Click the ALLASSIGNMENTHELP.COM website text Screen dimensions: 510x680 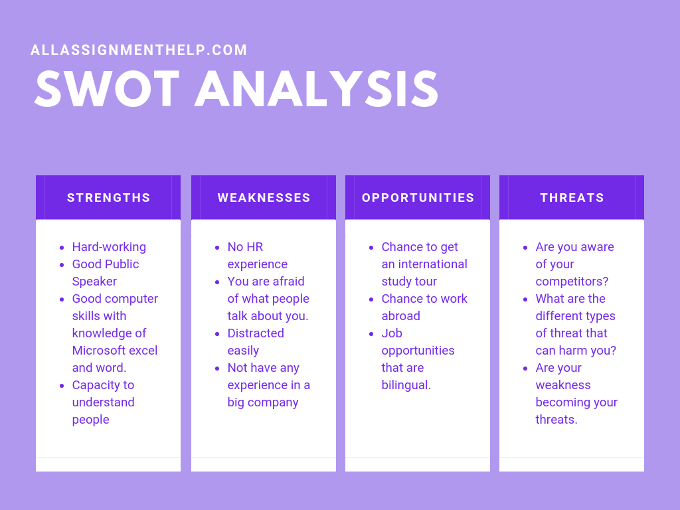[139, 50]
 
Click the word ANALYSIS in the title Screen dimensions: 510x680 [317, 90]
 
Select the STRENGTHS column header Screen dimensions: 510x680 [108, 198]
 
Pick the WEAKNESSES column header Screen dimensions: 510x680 [264, 198]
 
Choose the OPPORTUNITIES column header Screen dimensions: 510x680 [418, 198]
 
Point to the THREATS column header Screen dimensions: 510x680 [572, 198]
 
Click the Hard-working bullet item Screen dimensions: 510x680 [109, 247]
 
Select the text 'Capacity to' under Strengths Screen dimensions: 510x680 [103, 385]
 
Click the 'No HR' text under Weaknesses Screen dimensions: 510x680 [245, 247]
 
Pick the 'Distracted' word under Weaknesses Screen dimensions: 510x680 [256, 333]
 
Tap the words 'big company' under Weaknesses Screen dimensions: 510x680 [263, 402]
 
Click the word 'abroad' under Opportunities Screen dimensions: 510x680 [400, 316]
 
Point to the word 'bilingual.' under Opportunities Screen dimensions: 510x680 [406, 385]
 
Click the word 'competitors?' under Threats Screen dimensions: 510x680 [572, 282]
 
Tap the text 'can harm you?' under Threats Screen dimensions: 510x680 [576, 351]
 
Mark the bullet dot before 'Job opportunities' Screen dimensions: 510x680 [371, 333]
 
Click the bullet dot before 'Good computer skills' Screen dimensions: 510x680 [62, 299]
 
